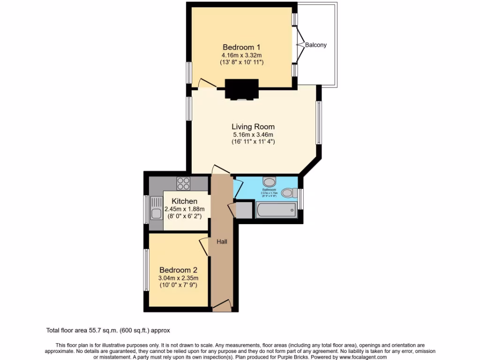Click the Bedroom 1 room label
pyautogui.click(x=241, y=47)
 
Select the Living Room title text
pyautogui.click(x=253, y=127)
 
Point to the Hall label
pyautogui.click(x=222, y=242)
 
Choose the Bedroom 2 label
pyautogui.click(x=178, y=270)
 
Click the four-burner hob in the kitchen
pyautogui.click(x=183, y=183)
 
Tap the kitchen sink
pyautogui.click(x=156, y=210)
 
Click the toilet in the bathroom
pyautogui.click(x=291, y=192)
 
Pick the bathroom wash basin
pyautogui.click(x=270, y=181)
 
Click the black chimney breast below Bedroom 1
pyautogui.click(x=242, y=89)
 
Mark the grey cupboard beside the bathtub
pyautogui.click(x=244, y=210)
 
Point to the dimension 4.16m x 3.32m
pyautogui.click(x=241, y=55)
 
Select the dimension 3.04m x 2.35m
pyautogui.click(x=178, y=278)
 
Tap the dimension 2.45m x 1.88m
pyautogui.click(x=185, y=209)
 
